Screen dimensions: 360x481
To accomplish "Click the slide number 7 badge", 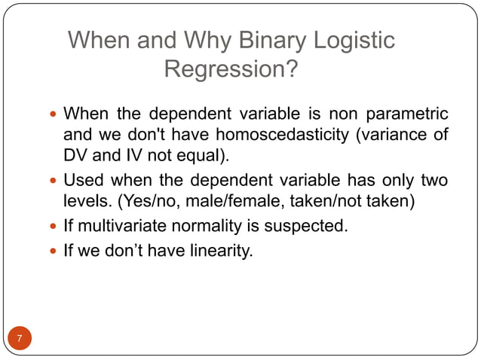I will [x=20, y=338].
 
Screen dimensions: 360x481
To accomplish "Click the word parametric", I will [x=407, y=114].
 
